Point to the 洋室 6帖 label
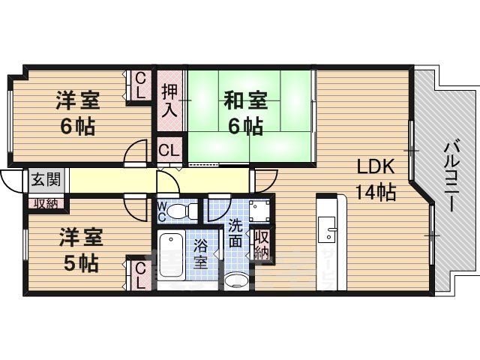(x=78, y=112)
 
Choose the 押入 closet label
(x=169, y=101)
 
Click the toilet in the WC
(x=180, y=210)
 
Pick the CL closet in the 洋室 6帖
(x=139, y=85)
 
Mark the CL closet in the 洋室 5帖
(x=140, y=276)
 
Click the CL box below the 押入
(x=169, y=148)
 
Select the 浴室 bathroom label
(x=201, y=253)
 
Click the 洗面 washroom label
(x=235, y=232)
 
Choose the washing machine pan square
(x=259, y=209)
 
